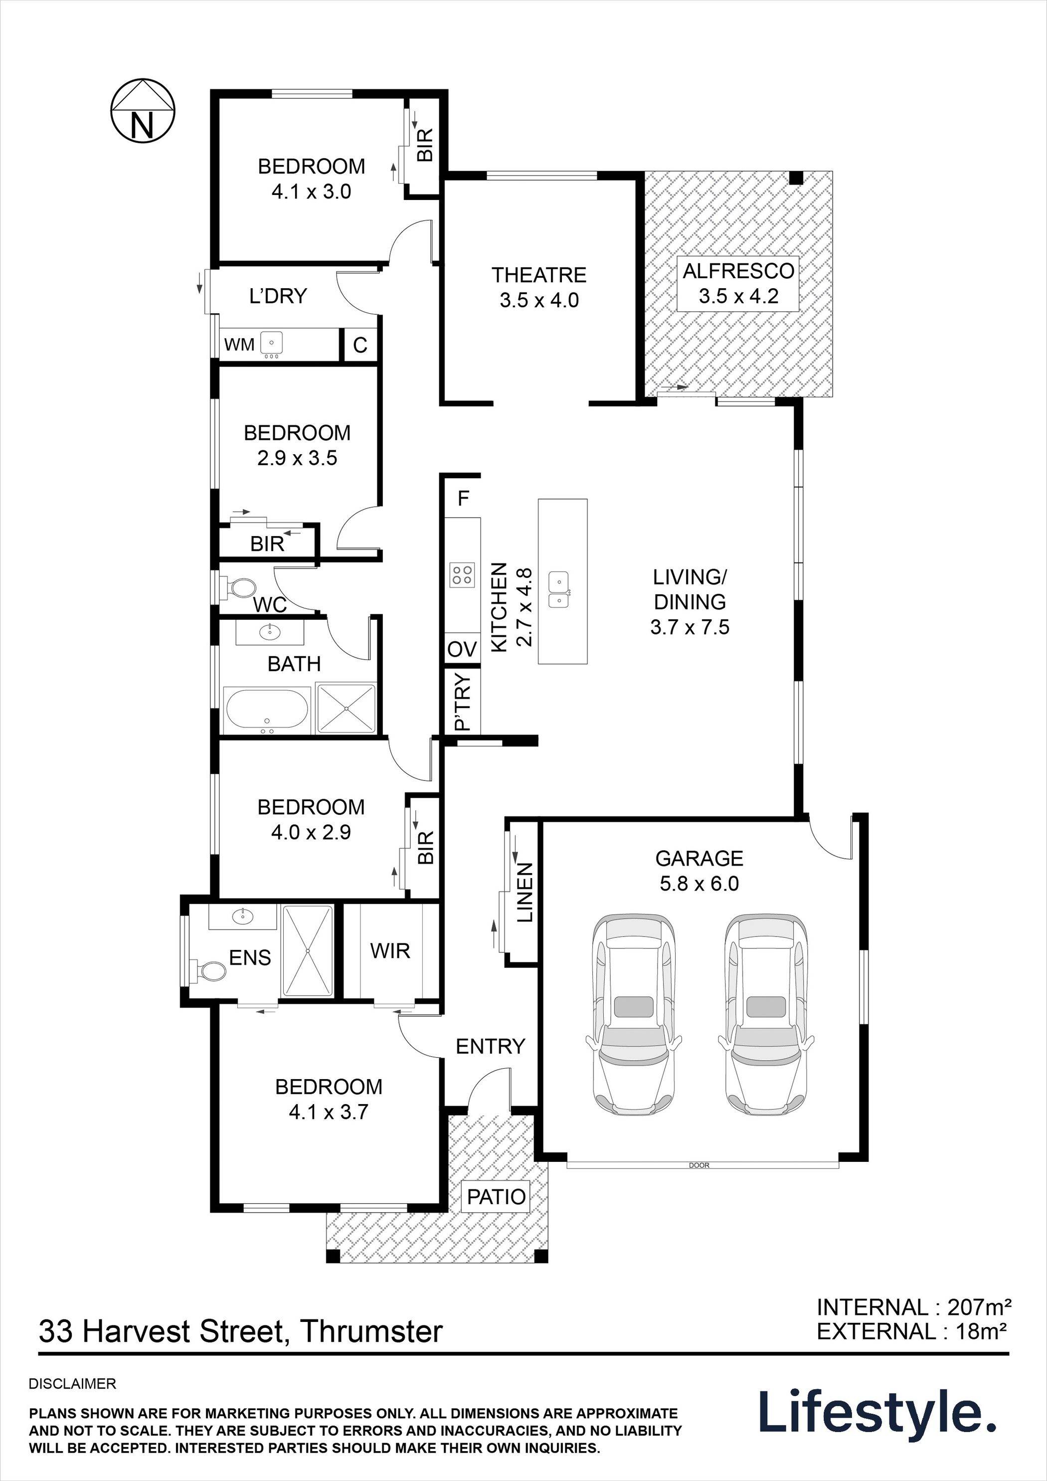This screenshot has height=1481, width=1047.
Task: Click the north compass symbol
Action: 143,111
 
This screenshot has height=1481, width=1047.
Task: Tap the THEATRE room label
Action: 539,275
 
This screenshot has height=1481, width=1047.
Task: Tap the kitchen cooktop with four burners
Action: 462,574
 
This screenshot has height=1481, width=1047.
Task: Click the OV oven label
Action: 462,649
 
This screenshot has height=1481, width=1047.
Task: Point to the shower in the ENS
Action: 308,951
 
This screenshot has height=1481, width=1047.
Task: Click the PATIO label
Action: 497,1197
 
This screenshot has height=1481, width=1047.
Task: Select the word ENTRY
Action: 490,1046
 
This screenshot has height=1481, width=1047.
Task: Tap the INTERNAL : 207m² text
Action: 913,1307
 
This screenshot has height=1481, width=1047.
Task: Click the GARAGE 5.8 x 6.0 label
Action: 699,871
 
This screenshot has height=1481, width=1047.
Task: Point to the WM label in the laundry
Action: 239,345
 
